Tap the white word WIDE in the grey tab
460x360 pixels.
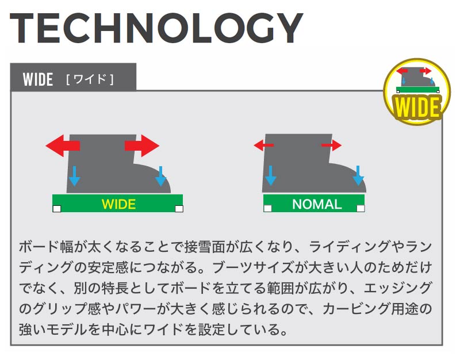pos(38,79)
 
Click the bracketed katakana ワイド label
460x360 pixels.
pos(90,79)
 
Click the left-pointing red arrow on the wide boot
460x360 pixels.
pos(63,146)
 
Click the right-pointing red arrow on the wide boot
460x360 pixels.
pos(141,146)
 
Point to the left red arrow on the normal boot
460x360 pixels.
pos(263,146)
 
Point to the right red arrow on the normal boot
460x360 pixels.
pos(332,145)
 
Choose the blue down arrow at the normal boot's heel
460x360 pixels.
pos(271,175)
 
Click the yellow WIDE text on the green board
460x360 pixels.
pos(118,204)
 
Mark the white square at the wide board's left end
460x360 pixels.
pos(56,208)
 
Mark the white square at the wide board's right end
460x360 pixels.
pos(179,208)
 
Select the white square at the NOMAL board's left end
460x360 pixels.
pos(267,208)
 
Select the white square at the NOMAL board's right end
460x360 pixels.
pos(361,208)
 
